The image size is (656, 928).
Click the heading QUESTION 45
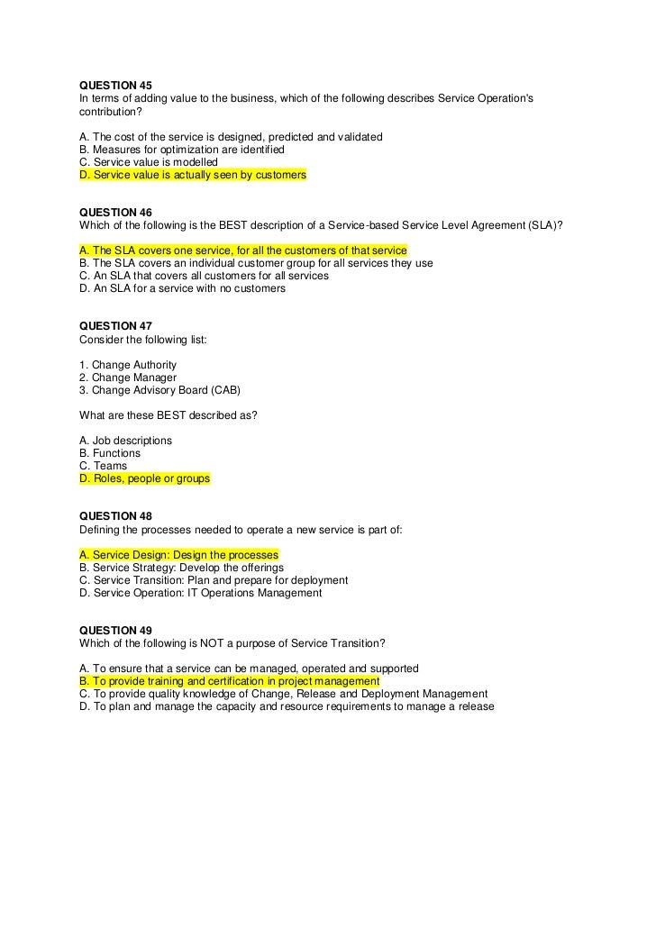115,85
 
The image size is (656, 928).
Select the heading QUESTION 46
115,212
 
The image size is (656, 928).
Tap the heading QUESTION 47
115,326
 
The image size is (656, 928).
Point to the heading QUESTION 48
115,516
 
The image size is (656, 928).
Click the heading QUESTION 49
115,630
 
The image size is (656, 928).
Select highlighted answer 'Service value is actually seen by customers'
193,175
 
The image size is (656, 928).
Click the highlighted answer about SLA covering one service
243,250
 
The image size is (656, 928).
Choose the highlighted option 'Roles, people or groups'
144,478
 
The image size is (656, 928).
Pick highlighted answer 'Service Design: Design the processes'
178,555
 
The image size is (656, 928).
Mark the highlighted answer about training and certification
229,681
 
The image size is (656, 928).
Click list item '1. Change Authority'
128,365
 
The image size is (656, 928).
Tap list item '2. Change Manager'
128,378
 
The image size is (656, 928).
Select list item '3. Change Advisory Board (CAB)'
160,390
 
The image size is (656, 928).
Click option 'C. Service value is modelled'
149,162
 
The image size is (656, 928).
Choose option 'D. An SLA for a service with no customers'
182,288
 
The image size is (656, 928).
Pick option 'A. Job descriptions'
125,441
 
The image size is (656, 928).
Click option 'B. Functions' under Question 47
110,453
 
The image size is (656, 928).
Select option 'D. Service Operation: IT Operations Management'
200,593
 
